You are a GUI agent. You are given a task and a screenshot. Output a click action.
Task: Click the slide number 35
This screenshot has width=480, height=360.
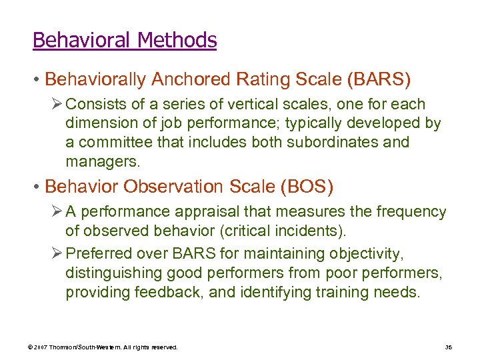[x=447, y=347]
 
